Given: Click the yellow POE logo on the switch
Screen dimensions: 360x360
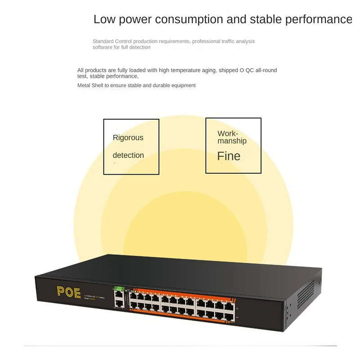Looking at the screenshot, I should (x=69, y=292).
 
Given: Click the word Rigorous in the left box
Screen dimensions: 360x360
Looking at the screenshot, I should (x=128, y=138).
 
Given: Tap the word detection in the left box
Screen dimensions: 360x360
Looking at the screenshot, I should (x=128, y=155).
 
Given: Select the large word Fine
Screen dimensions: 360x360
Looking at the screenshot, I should (x=229, y=156).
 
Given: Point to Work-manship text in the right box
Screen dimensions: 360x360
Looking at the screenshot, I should (x=232, y=137).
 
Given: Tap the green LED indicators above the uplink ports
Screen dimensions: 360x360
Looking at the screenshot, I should (x=118, y=288).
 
